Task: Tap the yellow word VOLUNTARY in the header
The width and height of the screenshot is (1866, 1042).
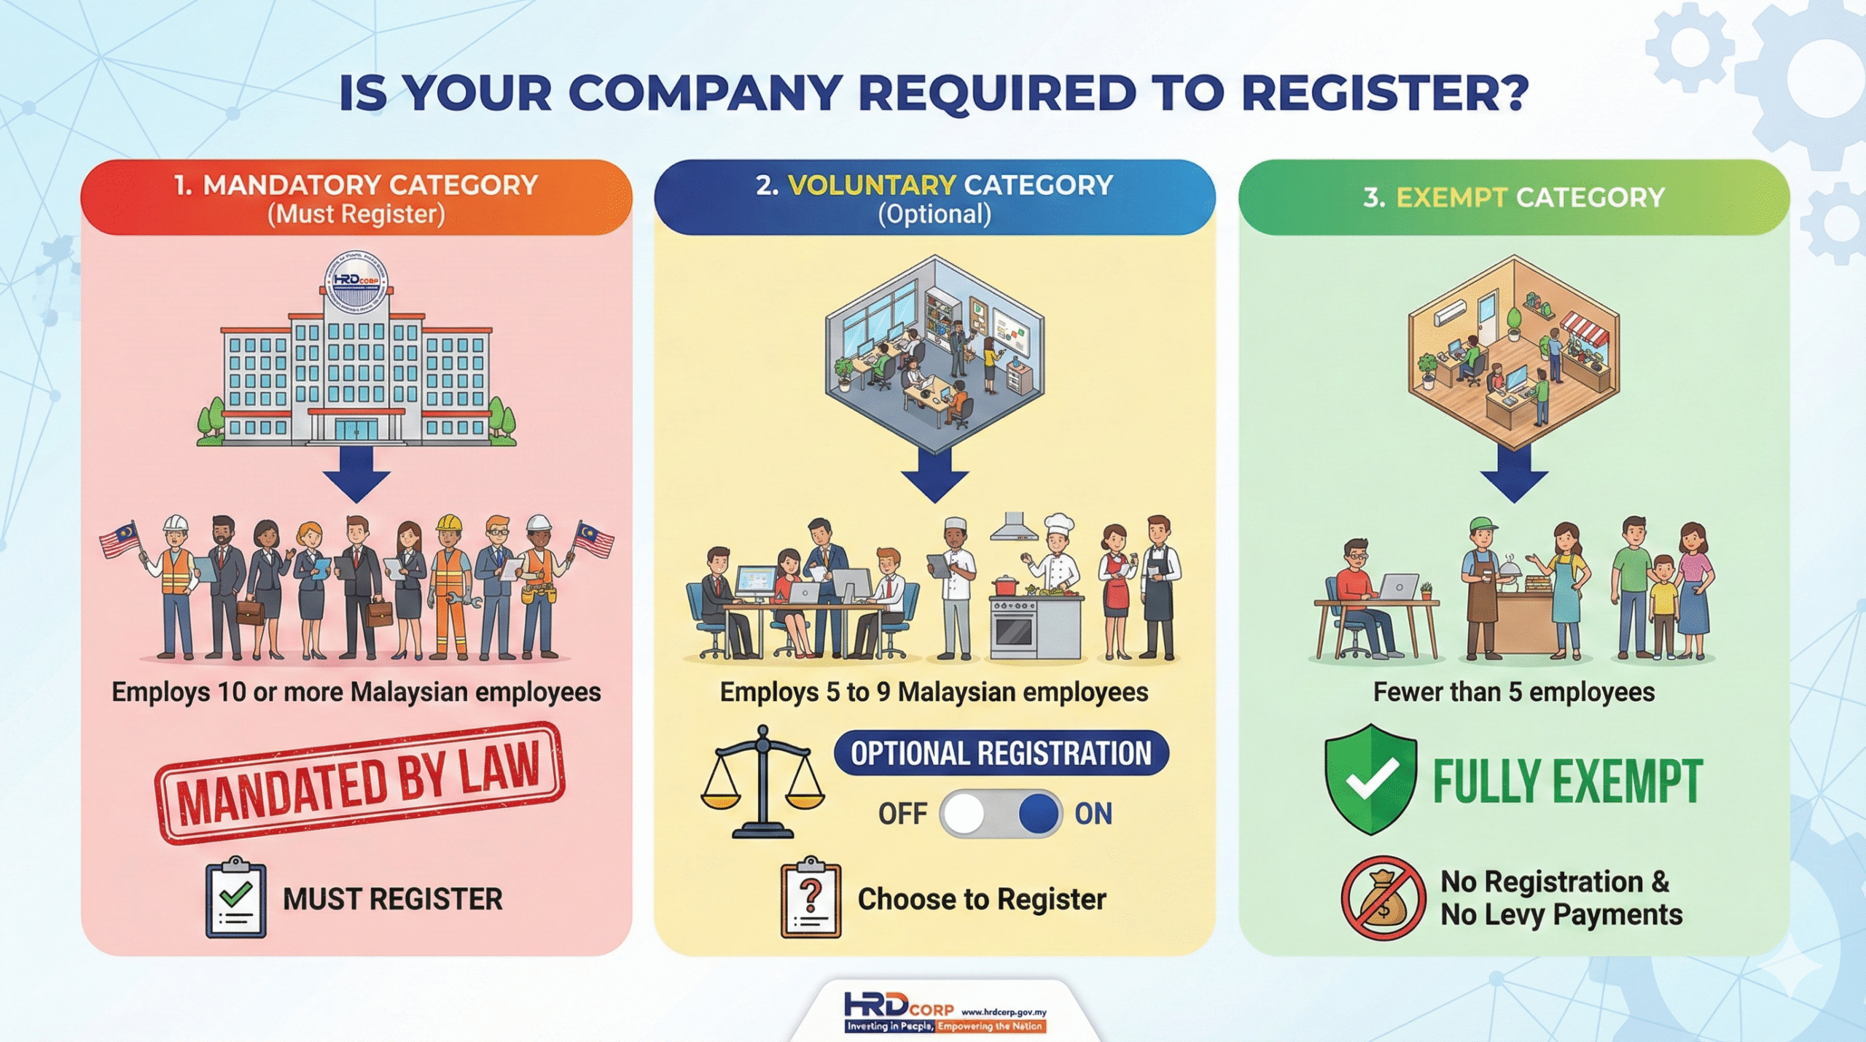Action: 871,185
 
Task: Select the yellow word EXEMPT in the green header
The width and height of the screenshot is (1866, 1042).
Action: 1451,197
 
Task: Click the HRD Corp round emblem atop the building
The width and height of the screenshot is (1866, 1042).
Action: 356,281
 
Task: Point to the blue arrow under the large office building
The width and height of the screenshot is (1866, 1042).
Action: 356,474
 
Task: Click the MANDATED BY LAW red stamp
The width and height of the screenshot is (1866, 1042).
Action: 359,782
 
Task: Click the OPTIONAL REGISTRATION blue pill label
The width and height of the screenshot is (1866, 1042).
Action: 1001,753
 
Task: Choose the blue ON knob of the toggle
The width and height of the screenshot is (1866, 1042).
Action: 1038,813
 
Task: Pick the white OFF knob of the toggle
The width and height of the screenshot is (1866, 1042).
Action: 964,813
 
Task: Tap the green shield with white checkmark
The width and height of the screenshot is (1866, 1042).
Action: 1370,779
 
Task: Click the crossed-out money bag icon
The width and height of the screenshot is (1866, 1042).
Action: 1383,898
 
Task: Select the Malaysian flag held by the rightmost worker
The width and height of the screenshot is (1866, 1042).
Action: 594,538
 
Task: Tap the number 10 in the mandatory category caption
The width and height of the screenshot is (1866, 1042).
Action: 232,691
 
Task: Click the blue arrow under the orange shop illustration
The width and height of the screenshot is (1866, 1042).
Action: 1514,474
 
